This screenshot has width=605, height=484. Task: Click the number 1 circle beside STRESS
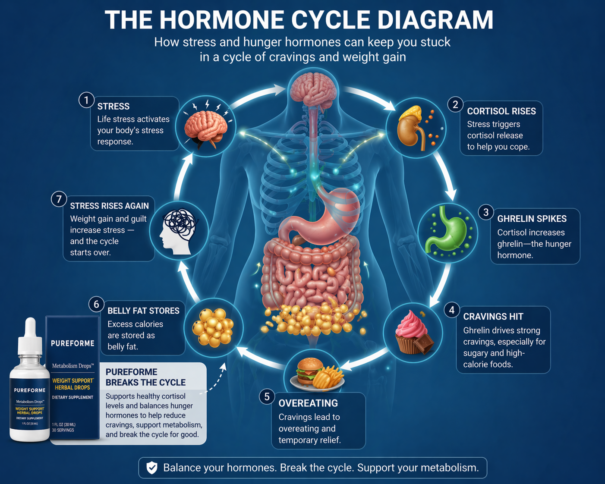point(86,100)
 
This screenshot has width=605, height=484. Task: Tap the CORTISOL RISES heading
point(501,111)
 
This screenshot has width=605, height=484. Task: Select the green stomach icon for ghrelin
point(447,233)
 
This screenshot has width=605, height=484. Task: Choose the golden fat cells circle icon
point(213,327)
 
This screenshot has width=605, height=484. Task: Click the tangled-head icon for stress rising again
point(179,230)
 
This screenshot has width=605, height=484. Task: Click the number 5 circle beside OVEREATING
point(267,396)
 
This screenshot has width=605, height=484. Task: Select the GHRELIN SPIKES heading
point(532,219)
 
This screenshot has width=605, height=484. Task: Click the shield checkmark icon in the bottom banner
point(152,468)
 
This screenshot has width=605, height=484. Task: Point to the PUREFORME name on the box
point(72,343)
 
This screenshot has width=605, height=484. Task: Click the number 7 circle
point(59,199)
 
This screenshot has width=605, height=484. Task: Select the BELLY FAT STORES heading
point(143,311)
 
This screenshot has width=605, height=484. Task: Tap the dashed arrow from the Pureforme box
point(214,380)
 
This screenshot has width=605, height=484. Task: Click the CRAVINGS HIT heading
point(493,317)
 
